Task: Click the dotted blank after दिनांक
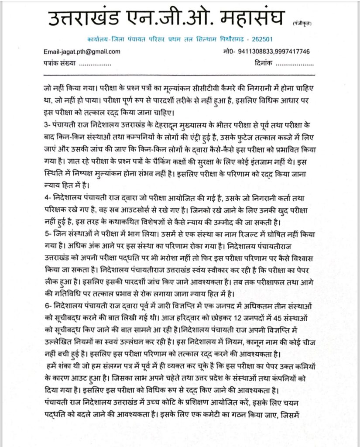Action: (295, 64)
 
